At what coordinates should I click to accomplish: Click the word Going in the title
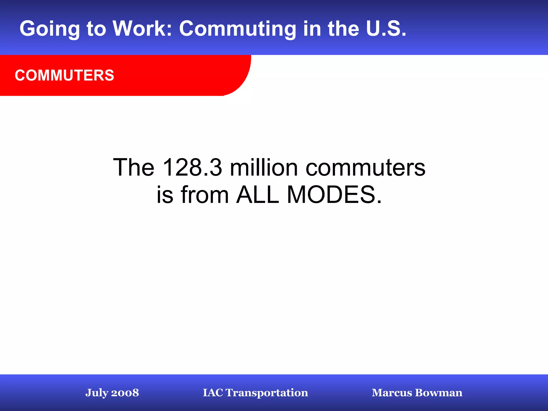(50, 29)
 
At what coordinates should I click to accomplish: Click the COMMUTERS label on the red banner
(64, 75)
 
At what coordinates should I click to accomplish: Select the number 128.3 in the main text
(192, 168)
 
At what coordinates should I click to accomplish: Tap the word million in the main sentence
(264, 168)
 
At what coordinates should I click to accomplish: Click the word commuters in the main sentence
(365, 168)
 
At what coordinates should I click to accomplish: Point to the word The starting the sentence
(134, 168)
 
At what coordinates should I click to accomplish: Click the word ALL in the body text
(257, 195)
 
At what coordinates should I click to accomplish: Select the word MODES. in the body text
(334, 195)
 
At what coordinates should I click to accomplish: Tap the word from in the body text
(205, 195)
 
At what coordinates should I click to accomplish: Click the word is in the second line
(165, 195)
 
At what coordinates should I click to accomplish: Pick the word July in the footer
(96, 393)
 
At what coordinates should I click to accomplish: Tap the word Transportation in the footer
(267, 393)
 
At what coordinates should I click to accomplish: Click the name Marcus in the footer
(392, 393)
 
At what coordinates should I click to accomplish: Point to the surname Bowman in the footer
(439, 393)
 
